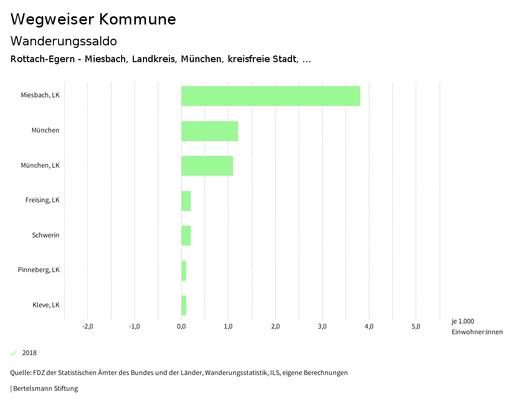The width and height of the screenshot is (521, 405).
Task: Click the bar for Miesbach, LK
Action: pyautogui.click(x=271, y=96)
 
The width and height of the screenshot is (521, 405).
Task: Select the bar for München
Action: pyautogui.click(x=210, y=131)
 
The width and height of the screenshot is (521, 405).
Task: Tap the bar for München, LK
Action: pyautogui.click(x=207, y=166)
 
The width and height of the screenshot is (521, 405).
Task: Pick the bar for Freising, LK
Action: pyautogui.click(x=186, y=201)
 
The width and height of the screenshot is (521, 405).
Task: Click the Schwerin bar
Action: pyautogui.click(x=186, y=236)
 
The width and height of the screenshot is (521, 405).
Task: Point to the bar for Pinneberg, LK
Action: pyautogui.click(x=184, y=271)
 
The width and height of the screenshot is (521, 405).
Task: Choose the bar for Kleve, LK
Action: pyautogui.click(x=184, y=306)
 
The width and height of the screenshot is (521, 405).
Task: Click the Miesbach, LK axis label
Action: pyautogui.click(x=40, y=95)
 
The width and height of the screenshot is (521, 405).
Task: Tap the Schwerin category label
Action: pyautogui.click(x=46, y=235)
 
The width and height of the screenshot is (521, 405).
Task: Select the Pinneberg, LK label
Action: pyautogui.click(x=39, y=270)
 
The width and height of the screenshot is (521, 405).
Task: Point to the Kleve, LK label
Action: pyautogui.click(x=46, y=305)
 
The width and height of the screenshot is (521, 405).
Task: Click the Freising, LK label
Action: pyautogui.click(x=42, y=200)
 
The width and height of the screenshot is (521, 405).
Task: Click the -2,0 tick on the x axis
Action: pyautogui.click(x=88, y=327)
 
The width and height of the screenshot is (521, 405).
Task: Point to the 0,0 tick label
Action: pyautogui.click(x=181, y=327)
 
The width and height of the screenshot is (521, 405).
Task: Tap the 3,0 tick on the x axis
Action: pyautogui.click(x=322, y=327)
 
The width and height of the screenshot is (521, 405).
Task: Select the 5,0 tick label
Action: pyautogui.click(x=416, y=327)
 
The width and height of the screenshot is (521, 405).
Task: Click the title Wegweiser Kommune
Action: pyautogui.click(x=93, y=19)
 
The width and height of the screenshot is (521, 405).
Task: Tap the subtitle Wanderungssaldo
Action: pyautogui.click(x=64, y=41)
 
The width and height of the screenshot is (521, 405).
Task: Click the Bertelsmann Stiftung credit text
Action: pyautogui.click(x=45, y=389)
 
